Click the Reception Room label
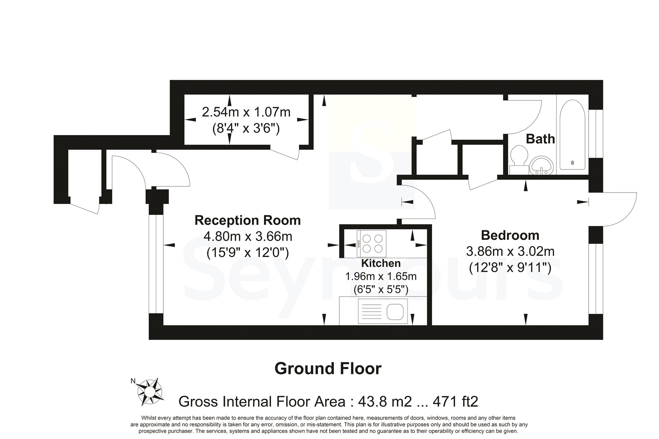point(247,220)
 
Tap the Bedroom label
point(510,235)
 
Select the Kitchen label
point(381,263)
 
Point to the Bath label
point(540,139)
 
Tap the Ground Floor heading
point(328,368)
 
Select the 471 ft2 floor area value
point(456,402)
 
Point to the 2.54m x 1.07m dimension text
point(246,112)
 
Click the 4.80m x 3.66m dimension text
point(248,237)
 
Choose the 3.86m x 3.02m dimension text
point(510,251)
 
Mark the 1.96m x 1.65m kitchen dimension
point(381,276)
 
